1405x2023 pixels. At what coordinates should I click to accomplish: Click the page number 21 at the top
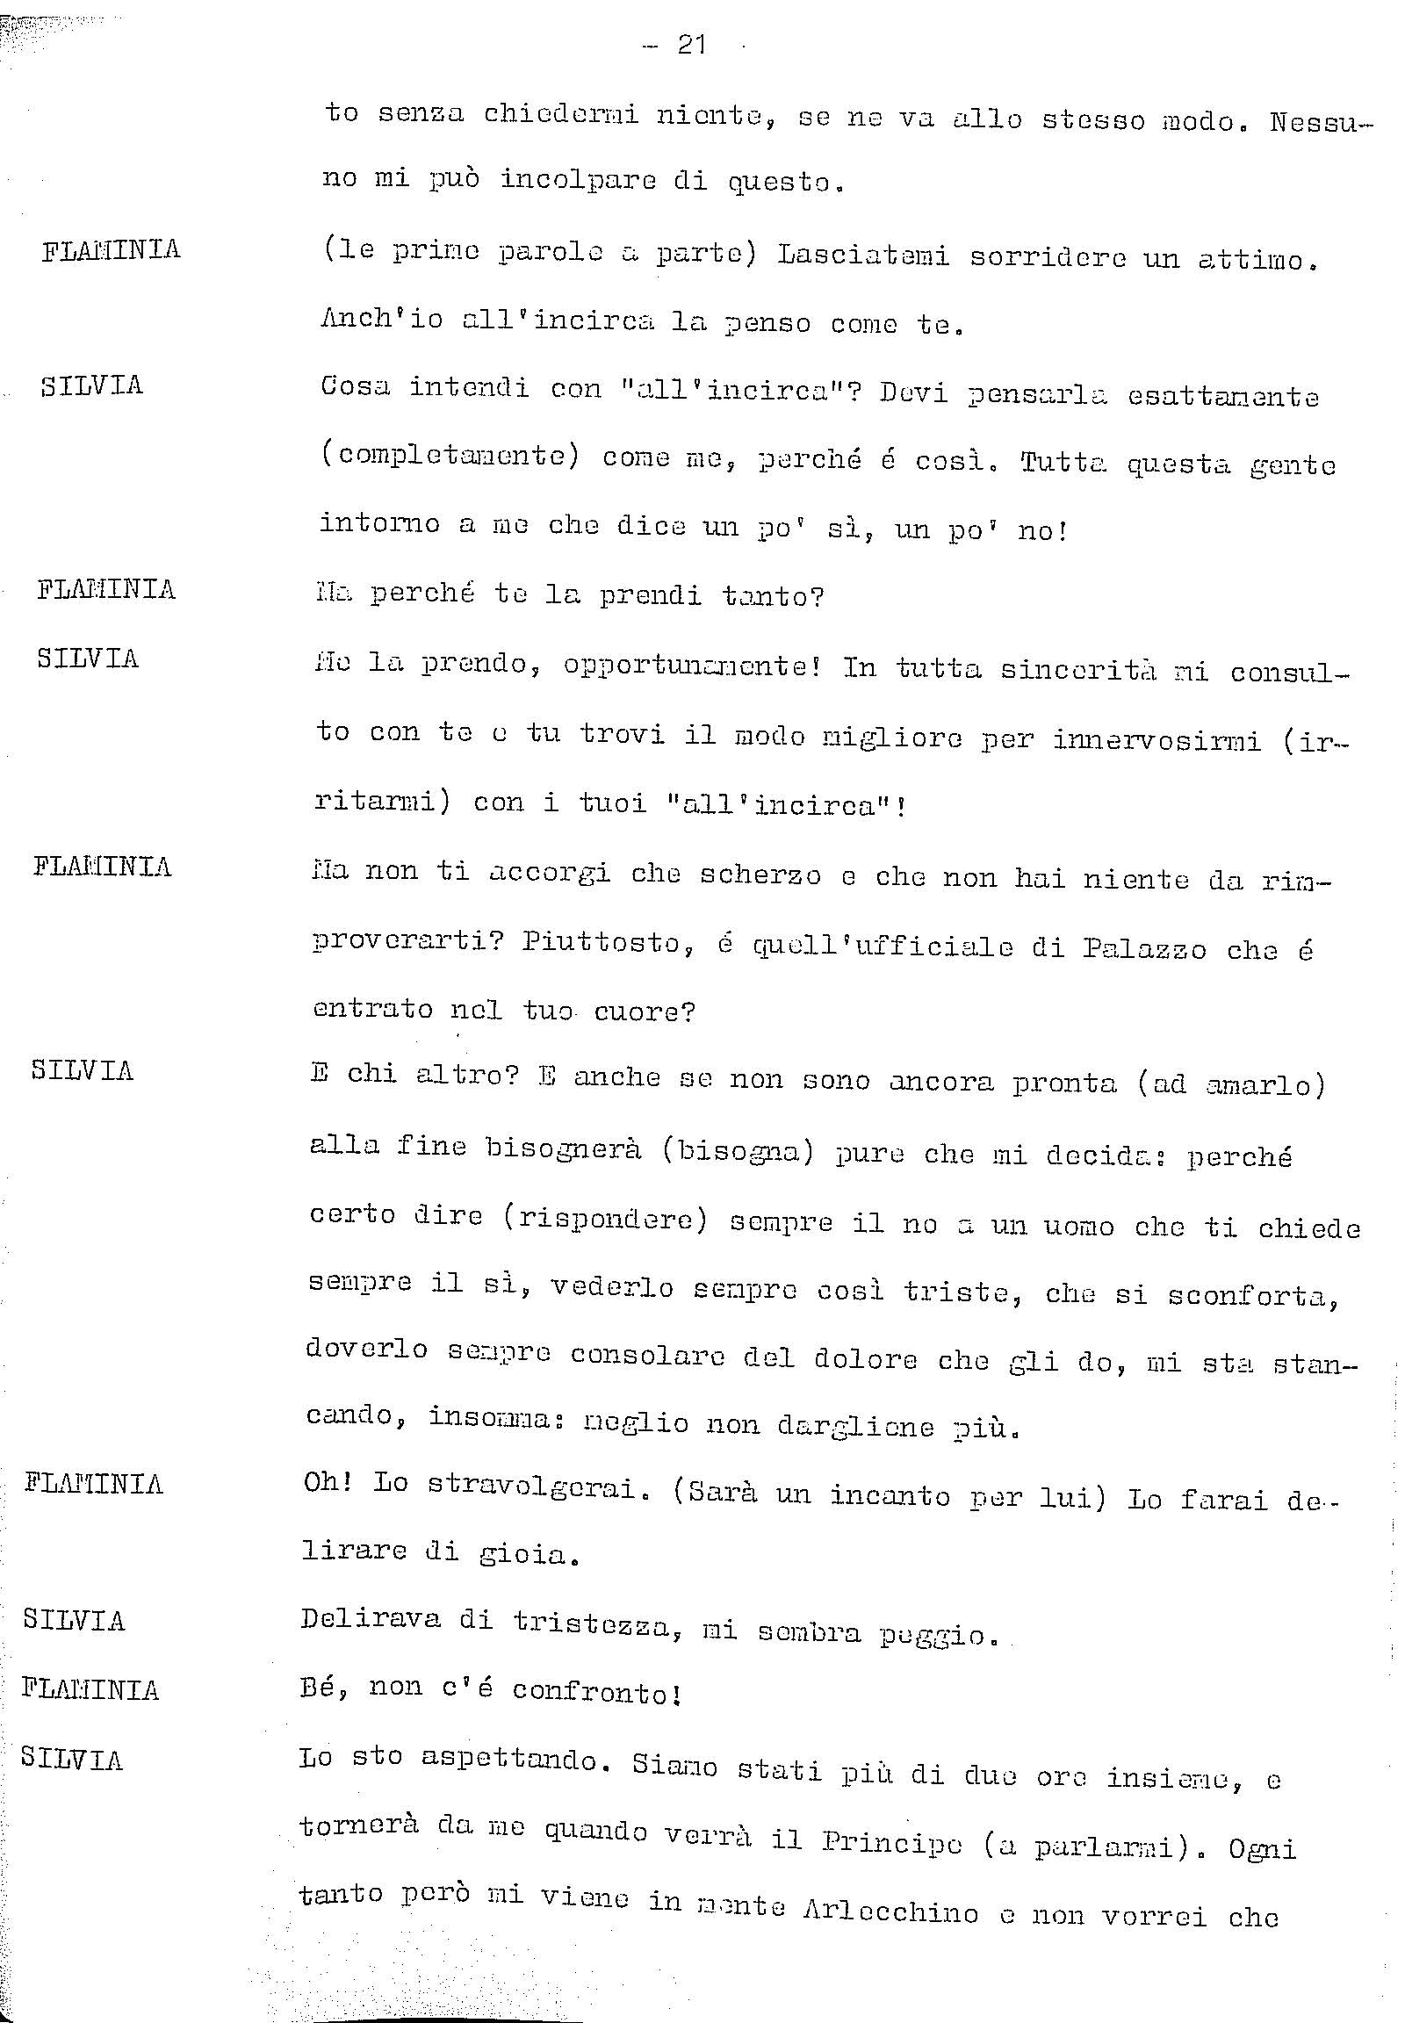click(x=691, y=45)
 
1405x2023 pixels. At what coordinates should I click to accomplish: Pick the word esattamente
click(x=1222, y=396)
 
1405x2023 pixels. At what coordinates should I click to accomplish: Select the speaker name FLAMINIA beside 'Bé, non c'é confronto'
click(x=90, y=1688)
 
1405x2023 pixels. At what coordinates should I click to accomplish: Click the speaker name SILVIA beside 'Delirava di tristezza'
click(x=74, y=1620)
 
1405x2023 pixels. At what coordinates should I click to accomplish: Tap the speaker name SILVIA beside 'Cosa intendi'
click(x=91, y=385)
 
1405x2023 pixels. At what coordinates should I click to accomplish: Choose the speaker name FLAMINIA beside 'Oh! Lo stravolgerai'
click(x=93, y=1483)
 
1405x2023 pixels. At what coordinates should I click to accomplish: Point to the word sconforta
click(x=1253, y=1296)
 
